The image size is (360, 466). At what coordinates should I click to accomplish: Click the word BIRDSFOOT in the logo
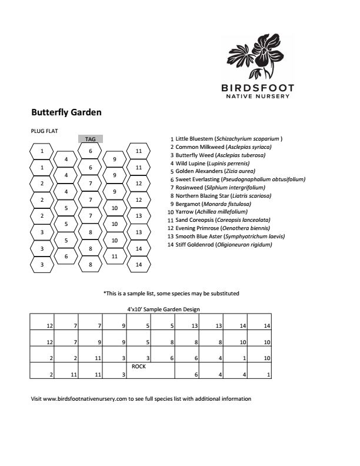point(258,88)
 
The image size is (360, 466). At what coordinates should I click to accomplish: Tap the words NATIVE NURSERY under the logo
point(258,96)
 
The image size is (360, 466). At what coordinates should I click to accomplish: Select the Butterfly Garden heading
point(66,112)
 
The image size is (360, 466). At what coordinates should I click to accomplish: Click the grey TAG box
point(90,139)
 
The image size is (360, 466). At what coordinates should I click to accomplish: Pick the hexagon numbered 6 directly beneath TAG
point(90,151)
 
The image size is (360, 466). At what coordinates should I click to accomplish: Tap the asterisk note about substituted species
point(171,293)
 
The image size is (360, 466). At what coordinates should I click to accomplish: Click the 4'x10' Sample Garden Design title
point(164,309)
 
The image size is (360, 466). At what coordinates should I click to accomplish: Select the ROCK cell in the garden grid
point(138,366)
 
